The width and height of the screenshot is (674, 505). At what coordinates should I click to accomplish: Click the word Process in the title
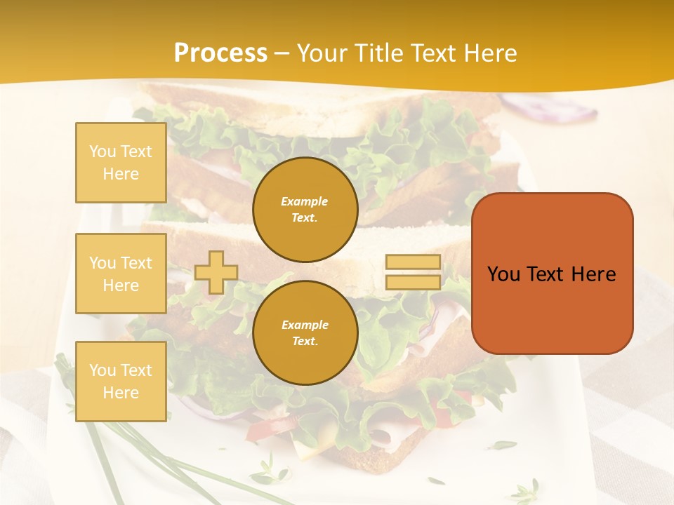(220, 53)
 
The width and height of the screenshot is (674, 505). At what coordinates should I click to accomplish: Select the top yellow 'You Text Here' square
(121, 163)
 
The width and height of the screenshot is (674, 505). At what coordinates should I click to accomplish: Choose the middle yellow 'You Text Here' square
(121, 274)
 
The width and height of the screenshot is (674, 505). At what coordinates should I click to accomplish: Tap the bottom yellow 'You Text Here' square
(121, 382)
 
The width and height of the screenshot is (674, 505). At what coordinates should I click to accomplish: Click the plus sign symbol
(216, 272)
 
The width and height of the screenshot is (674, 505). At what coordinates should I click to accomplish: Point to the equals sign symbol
(414, 272)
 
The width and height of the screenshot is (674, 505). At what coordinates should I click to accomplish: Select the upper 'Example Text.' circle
(305, 210)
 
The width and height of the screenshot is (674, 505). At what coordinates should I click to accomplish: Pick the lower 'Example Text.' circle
(305, 333)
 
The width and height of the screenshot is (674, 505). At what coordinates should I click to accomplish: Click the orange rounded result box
(552, 274)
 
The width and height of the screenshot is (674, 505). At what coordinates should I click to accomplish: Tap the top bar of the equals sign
(414, 262)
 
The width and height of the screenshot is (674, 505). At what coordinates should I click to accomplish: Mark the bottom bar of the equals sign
(414, 283)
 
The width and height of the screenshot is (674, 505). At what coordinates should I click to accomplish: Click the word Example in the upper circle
(305, 201)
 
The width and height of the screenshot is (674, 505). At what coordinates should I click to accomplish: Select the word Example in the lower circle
(305, 325)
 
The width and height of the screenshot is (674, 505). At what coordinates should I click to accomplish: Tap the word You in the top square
(103, 151)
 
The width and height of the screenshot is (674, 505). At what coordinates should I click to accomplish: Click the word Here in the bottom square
(121, 393)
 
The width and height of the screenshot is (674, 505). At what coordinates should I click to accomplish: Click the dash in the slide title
(282, 54)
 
